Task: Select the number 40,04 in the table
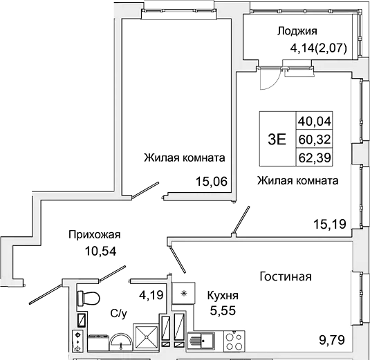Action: (315, 122)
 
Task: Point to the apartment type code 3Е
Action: (277, 138)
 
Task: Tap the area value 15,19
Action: (329, 223)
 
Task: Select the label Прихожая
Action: (95, 234)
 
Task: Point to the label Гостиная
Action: (286, 276)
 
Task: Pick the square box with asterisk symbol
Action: (183, 294)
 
